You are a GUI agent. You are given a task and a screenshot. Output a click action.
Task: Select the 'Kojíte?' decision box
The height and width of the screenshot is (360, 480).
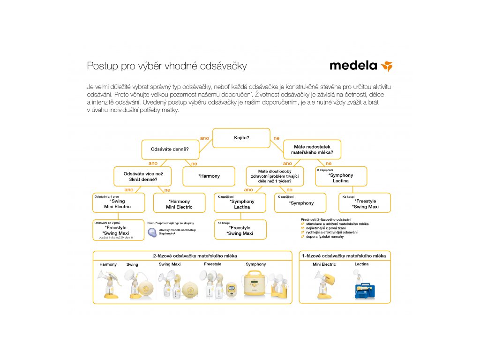241,138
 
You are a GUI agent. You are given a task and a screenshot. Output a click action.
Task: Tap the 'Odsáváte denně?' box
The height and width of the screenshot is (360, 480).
170,150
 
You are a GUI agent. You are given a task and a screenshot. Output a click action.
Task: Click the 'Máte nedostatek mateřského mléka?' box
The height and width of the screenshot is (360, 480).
312,150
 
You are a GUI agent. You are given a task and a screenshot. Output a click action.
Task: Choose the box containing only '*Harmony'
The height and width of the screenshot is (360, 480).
209,176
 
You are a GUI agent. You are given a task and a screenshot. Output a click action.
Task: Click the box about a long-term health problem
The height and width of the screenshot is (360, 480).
275,176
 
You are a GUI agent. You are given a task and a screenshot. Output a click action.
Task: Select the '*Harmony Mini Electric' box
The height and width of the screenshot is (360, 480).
179,203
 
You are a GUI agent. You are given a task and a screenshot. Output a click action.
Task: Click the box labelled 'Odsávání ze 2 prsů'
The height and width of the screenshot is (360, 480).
118,230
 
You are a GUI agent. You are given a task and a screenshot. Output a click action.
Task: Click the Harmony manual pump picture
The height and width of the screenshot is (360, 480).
108,285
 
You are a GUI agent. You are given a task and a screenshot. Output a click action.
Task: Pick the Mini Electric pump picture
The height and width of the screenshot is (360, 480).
324,284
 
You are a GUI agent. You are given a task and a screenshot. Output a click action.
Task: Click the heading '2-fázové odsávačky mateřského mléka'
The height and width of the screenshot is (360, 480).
195,256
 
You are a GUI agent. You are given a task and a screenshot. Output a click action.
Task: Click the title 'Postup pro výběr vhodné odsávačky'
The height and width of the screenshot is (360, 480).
167,66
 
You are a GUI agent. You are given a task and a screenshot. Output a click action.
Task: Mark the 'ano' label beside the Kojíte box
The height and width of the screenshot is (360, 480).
204,138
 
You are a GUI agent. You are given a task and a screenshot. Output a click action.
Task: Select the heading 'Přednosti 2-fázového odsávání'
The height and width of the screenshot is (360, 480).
326,219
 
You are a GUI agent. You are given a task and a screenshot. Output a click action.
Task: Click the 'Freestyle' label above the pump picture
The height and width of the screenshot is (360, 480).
212,264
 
